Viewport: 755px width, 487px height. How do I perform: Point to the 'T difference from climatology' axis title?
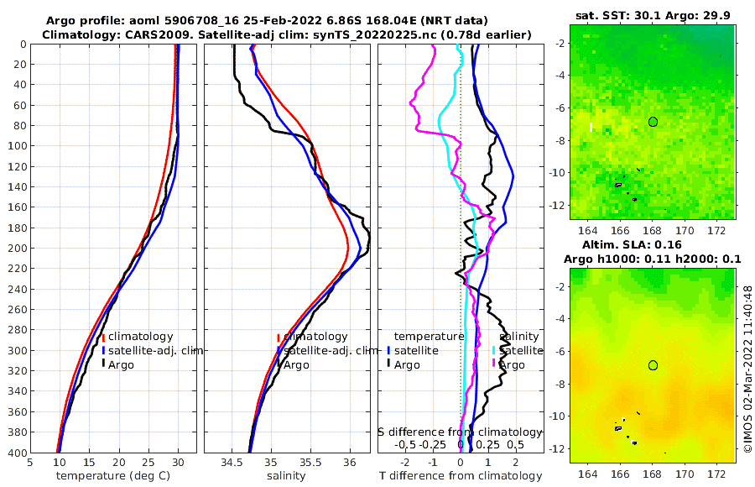coord(461,476)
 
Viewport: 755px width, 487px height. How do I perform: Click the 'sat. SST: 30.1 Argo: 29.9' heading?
coord(653,16)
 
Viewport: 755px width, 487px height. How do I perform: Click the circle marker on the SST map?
coord(653,122)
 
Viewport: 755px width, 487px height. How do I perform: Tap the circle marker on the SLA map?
coord(653,365)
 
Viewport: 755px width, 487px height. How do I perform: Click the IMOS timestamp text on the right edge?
coord(747,369)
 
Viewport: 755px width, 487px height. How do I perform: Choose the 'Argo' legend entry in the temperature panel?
coord(121,364)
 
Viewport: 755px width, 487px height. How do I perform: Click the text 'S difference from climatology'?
coord(458,432)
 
